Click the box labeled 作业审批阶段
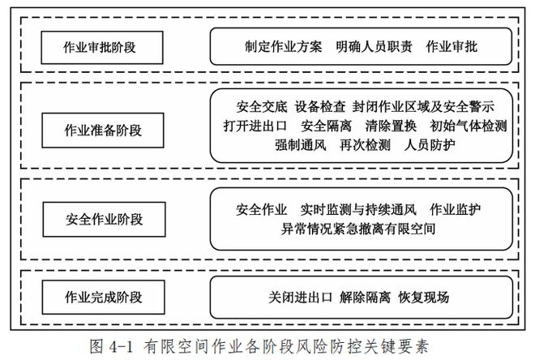click(102, 47)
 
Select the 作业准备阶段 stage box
click(103, 131)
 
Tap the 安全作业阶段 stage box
click(104, 220)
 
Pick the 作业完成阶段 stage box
click(104, 298)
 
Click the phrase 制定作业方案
click(283, 47)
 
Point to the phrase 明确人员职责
click(374, 47)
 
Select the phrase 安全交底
click(262, 107)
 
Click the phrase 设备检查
click(320, 107)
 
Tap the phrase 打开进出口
click(255, 126)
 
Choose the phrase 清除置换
click(391, 126)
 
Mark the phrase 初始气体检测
click(469, 126)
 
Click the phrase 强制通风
click(301, 145)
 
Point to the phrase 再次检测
click(365, 145)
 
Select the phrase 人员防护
click(430, 145)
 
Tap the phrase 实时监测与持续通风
click(358, 209)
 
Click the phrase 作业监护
click(456, 209)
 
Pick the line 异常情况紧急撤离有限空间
click(358, 229)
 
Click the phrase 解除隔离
click(365, 298)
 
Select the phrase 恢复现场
click(423, 298)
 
